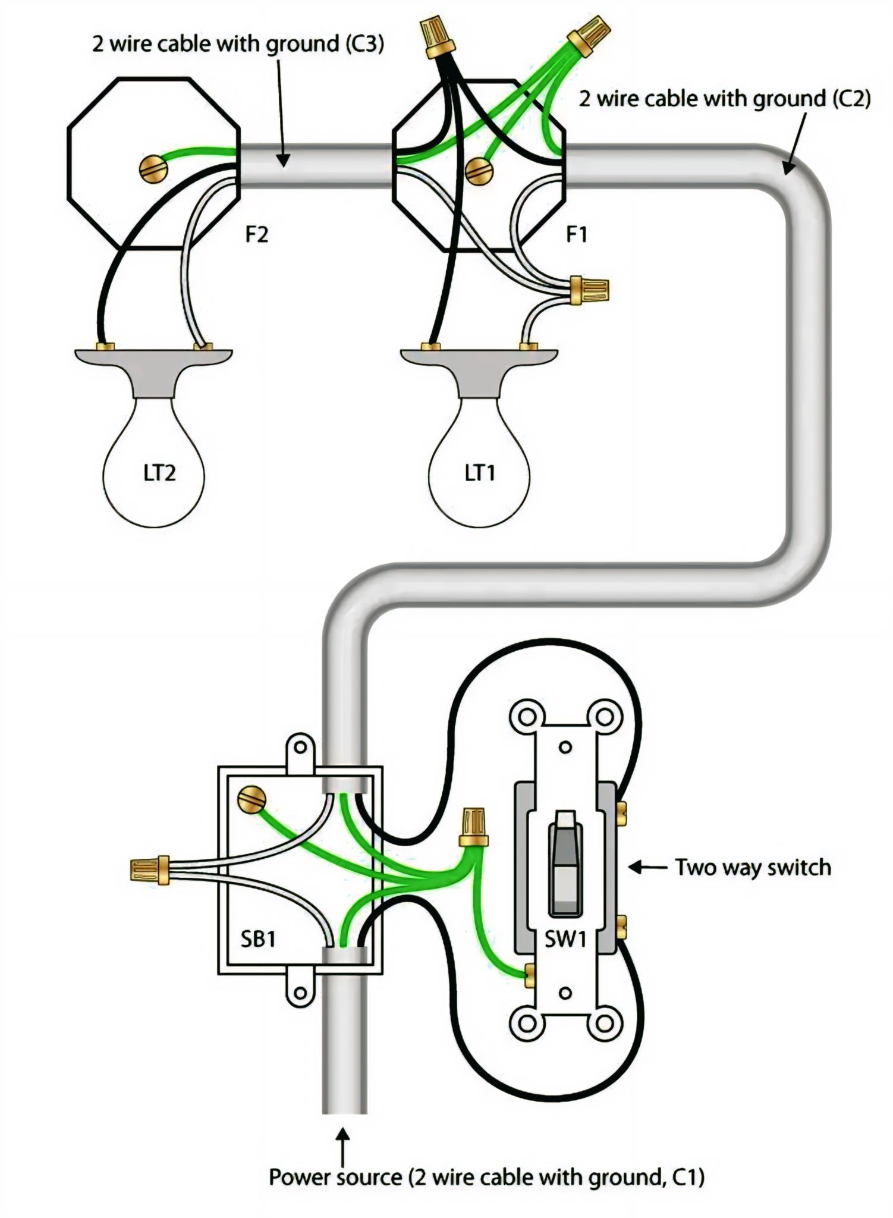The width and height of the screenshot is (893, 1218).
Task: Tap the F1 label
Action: (576, 235)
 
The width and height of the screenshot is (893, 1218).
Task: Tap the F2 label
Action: (257, 235)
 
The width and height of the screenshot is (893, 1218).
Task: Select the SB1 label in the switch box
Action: (258, 938)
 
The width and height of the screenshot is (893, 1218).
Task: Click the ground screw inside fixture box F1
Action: (479, 171)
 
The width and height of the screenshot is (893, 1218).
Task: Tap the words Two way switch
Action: (753, 868)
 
